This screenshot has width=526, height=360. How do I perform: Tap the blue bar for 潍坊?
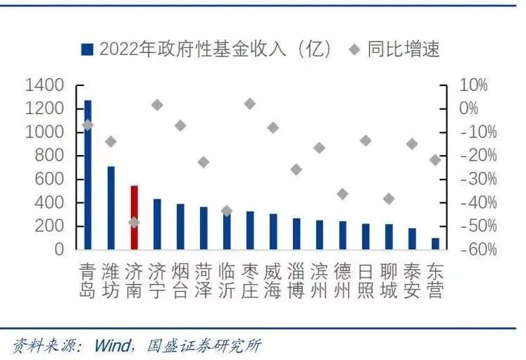(x=111, y=208)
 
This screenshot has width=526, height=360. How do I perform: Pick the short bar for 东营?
(x=435, y=244)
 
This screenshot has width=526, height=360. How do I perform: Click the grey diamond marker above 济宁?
(x=157, y=105)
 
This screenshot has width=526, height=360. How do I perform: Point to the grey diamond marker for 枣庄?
(x=250, y=104)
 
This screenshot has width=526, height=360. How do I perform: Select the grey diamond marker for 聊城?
(x=389, y=199)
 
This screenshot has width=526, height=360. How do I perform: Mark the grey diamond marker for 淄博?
(x=296, y=169)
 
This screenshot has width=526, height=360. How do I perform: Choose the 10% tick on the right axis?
(x=473, y=85)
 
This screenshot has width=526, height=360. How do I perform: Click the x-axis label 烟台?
(x=180, y=280)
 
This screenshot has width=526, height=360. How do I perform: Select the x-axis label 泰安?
(x=412, y=280)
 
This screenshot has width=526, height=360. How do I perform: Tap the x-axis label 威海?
(x=273, y=280)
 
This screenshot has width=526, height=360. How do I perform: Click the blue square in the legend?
(x=87, y=49)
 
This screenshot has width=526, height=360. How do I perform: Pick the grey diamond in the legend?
(x=356, y=49)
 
